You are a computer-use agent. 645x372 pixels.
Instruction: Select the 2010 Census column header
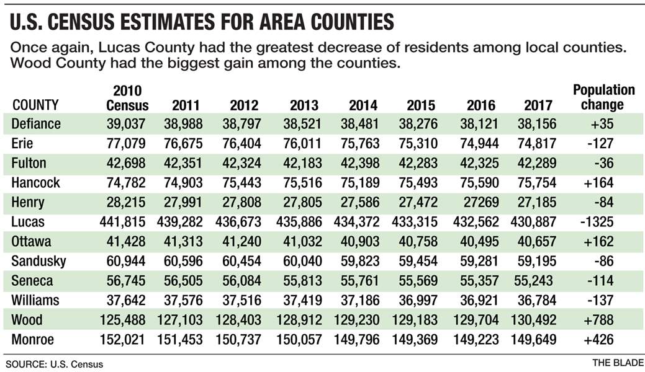pyautogui.click(x=127, y=97)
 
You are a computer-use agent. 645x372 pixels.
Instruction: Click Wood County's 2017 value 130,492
pyautogui.click(x=532, y=320)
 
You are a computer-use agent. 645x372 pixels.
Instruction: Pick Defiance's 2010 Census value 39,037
pyautogui.click(x=127, y=123)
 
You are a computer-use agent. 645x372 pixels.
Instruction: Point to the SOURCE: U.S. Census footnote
pyautogui.click(x=54, y=364)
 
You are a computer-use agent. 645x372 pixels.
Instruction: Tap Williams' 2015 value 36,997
pyautogui.click(x=419, y=300)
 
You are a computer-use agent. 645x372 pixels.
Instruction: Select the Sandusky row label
pyautogui.click(x=39, y=261)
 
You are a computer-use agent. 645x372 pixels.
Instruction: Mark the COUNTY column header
pyautogui.click(x=35, y=104)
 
